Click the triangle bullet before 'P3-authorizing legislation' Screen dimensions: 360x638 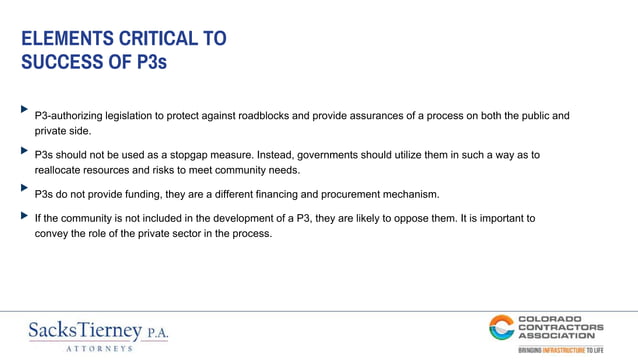[x=25, y=108]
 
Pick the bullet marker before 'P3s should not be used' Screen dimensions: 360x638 [x=25, y=150]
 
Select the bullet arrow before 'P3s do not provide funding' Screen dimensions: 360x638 [x=25, y=187]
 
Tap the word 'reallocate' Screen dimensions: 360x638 [x=61, y=171]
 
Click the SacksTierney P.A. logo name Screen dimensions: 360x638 [x=98, y=330]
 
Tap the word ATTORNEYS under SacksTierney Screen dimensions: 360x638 [x=98, y=348]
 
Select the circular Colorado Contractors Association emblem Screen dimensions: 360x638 [x=501, y=327]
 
